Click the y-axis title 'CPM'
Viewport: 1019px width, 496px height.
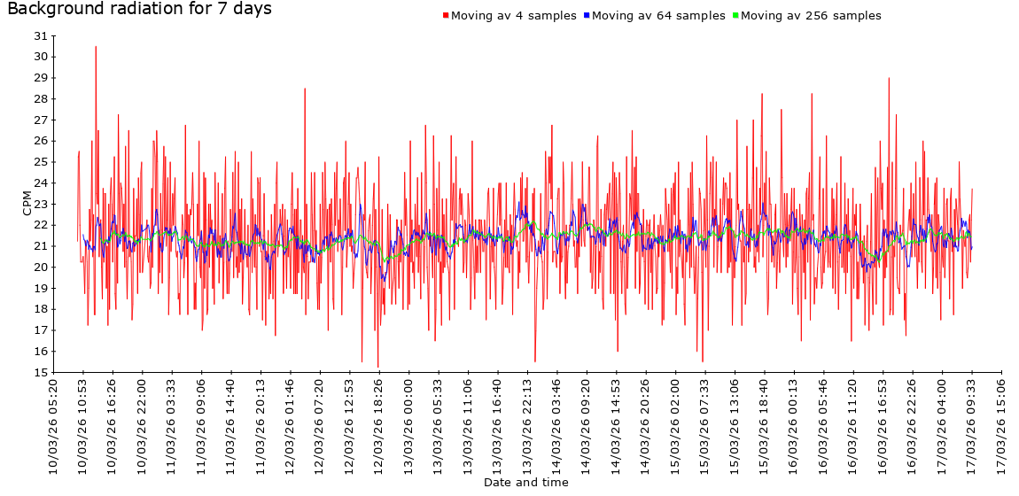pos(27,203)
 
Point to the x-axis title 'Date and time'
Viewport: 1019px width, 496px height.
pos(525,483)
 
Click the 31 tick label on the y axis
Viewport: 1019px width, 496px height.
pos(40,35)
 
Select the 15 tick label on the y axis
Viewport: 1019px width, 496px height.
pos(40,372)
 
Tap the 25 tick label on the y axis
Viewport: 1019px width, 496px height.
pos(40,162)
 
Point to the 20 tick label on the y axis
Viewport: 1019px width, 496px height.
pos(40,267)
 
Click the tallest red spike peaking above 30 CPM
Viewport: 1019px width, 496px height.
pos(96,48)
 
